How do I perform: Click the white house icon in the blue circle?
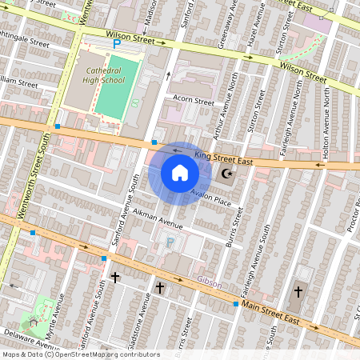[x=179, y=173]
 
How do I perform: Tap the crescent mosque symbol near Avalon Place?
[x=226, y=174]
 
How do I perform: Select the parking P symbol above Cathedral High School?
[x=117, y=46]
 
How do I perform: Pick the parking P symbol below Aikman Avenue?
[x=170, y=242]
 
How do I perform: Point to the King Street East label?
[x=223, y=158]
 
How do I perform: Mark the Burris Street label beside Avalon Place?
[x=236, y=225]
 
